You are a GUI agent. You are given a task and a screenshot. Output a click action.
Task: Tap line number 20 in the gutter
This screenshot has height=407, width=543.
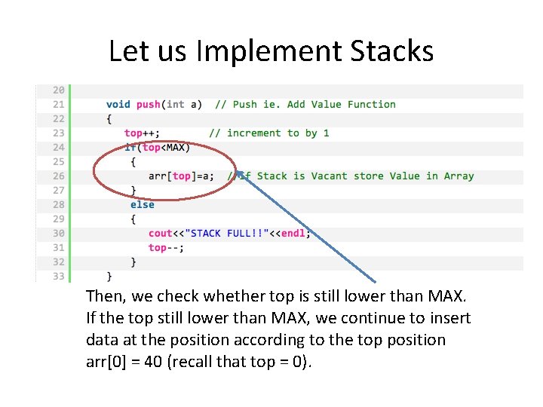tap(58, 90)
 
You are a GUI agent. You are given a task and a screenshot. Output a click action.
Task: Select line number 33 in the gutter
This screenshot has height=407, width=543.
tap(58, 276)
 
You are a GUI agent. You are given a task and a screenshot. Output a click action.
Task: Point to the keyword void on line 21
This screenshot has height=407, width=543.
tap(118, 104)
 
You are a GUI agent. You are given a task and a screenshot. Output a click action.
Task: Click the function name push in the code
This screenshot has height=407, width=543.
tap(148, 104)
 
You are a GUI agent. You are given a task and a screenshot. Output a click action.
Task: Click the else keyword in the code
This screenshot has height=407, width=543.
tap(142, 204)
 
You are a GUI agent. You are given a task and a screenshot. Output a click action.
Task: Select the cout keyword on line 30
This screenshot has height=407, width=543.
tap(161, 233)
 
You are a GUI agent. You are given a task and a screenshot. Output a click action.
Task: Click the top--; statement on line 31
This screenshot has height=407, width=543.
tap(166, 247)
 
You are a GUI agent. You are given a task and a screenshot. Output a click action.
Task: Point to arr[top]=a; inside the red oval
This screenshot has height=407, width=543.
tap(181, 176)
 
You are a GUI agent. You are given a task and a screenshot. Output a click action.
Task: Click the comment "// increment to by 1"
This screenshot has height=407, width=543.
tap(268, 133)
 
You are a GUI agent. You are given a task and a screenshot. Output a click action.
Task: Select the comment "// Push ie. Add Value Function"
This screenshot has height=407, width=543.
tap(305, 104)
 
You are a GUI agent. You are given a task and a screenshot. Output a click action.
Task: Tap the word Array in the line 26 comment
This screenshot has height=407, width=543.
tap(459, 176)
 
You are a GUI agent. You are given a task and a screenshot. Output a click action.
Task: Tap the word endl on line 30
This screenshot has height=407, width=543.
tap(293, 233)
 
